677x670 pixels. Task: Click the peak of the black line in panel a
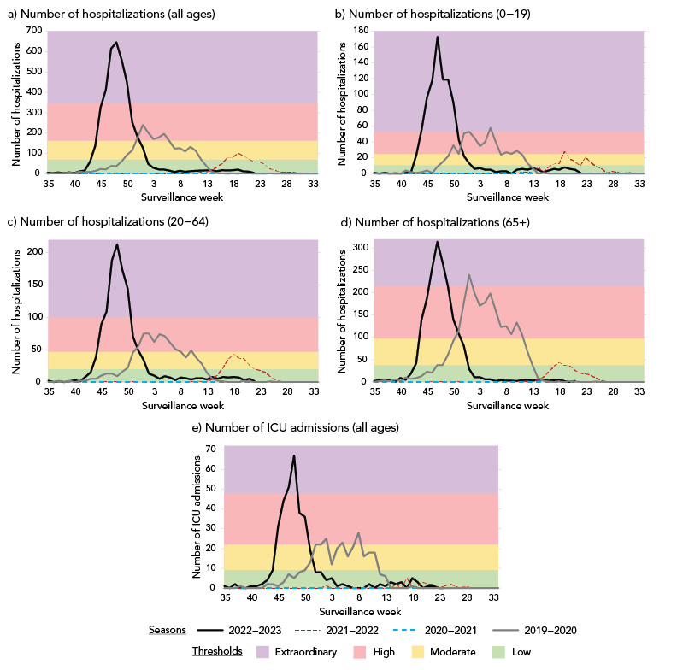pos(116,43)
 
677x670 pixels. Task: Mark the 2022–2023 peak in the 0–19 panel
pos(438,37)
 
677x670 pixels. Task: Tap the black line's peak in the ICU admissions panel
pos(294,455)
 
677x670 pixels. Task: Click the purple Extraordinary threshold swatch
pos(255,651)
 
